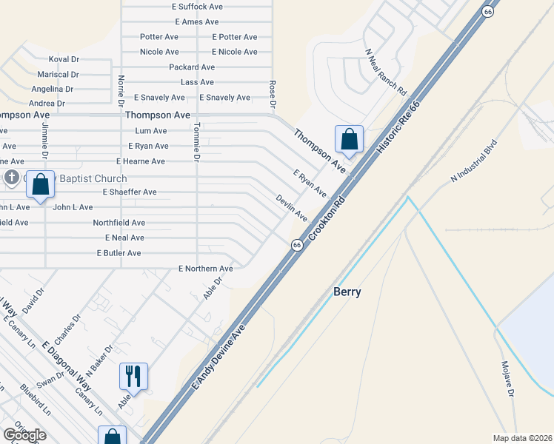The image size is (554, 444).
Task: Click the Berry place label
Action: (x=347, y=292)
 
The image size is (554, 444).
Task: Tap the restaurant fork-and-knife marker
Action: (x=133, y=376)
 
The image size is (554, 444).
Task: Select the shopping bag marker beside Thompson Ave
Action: (x=349, y=139)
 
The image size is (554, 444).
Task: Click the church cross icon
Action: (x=12, y=178)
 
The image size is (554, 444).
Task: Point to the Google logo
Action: (x=24, y=435)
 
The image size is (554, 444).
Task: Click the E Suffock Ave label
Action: (x=197, y=6)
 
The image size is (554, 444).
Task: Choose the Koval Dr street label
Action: (x=64, y=59)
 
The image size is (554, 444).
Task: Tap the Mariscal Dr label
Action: (x=59, y=74)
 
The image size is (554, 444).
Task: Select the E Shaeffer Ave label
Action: (x=130, y=192)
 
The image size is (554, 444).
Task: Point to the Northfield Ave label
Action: (x=119, y=222)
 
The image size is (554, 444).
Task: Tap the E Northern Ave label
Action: (x=206, y=268)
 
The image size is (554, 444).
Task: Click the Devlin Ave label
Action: (x=292, y=207)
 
